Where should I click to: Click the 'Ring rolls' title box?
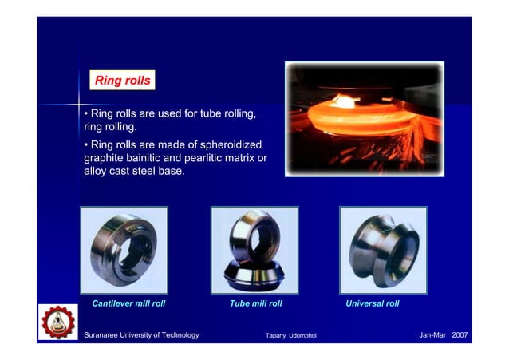[121, 81]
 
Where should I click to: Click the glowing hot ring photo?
[364, 118]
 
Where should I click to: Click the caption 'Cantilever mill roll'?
[128, 304]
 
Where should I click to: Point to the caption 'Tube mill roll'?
[255, 304]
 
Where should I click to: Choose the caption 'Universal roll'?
[372, 304]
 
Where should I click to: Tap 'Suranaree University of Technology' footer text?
[141, 335]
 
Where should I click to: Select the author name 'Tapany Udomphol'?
[290, 336]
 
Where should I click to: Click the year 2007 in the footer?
[460, 334]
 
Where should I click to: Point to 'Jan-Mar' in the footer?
[432, 334]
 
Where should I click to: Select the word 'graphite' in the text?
[105, 158]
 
